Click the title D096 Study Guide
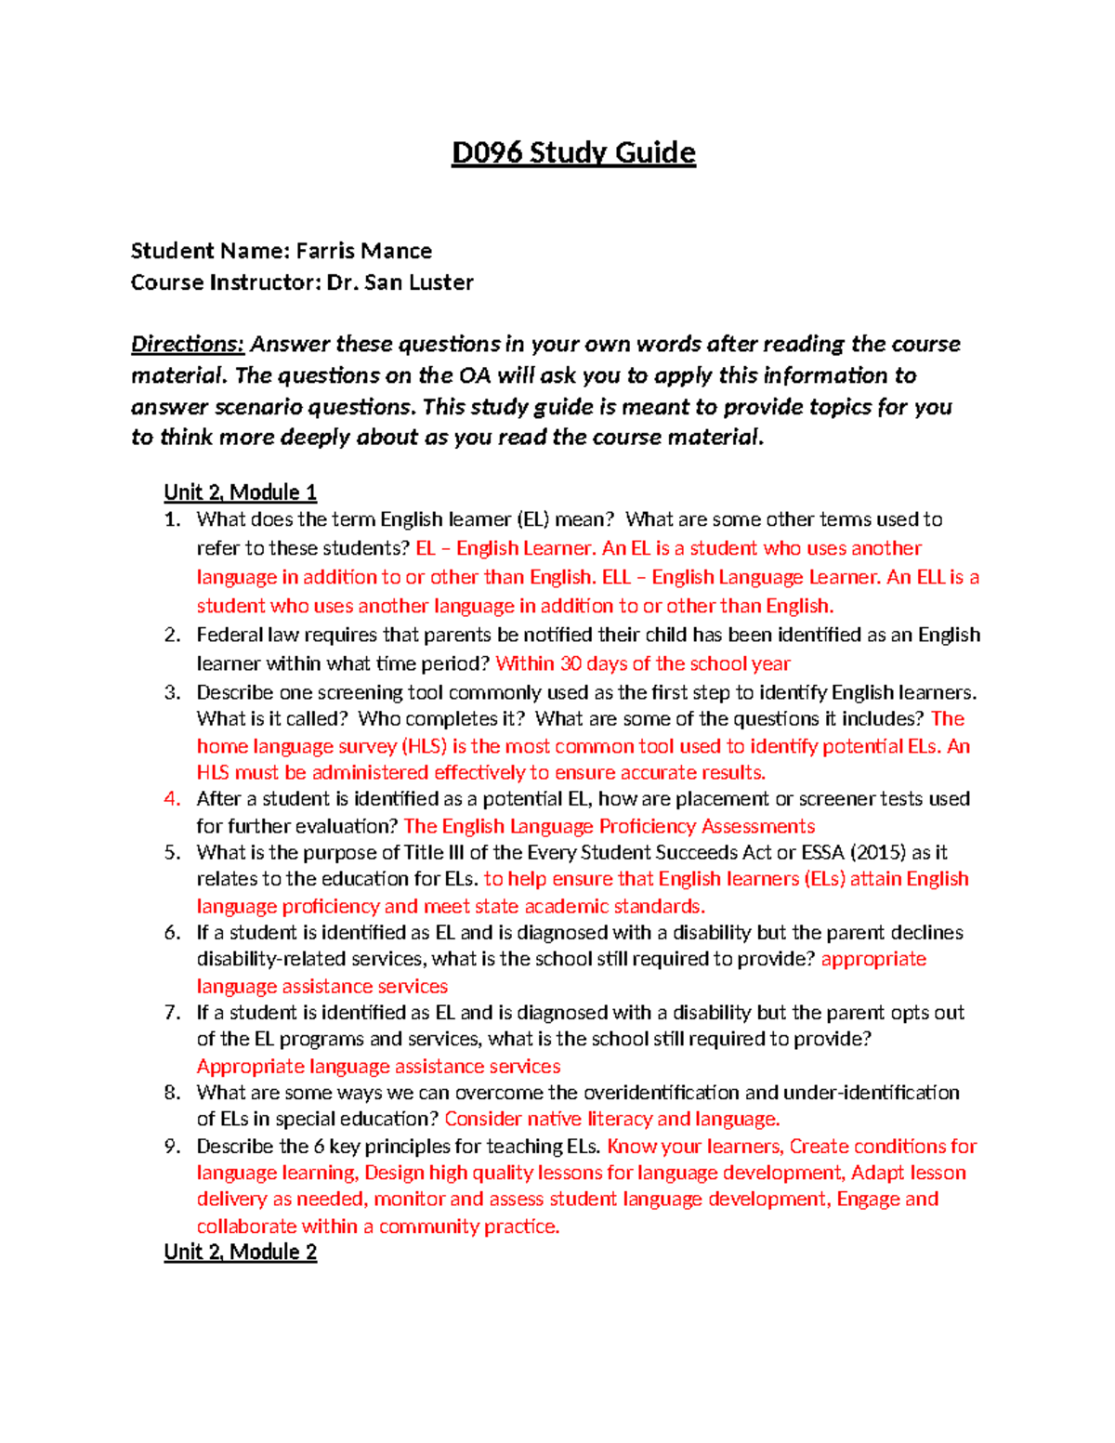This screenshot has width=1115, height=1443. click(573, 152)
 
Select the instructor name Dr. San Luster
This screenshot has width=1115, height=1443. click(400, 282)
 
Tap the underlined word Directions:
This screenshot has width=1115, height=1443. click(188, 345)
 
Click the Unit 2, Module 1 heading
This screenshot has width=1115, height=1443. click(240, 492)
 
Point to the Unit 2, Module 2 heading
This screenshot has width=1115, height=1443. click(240, 1252)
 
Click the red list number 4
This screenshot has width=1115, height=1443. click(171, 799)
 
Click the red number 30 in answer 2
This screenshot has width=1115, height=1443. click(571, 663)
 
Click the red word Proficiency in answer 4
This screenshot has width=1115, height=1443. click(647, 826)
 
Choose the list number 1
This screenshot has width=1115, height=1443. click(171, 519)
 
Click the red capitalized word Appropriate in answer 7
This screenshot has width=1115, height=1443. click(250, 1066)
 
